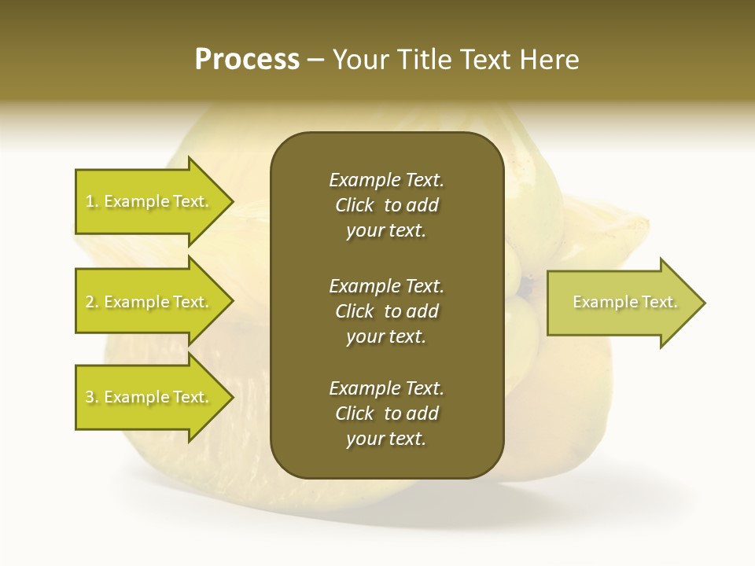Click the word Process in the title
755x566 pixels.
(247, 60)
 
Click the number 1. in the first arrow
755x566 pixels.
(92, 201)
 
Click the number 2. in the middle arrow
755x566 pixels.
(92, 302)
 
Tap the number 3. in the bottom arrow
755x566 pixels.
(92, 397)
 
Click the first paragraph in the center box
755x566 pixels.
(386, 205)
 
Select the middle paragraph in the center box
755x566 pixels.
(386, 311)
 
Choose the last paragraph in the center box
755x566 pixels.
(386, 413)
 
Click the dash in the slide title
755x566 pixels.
(316, 60)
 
